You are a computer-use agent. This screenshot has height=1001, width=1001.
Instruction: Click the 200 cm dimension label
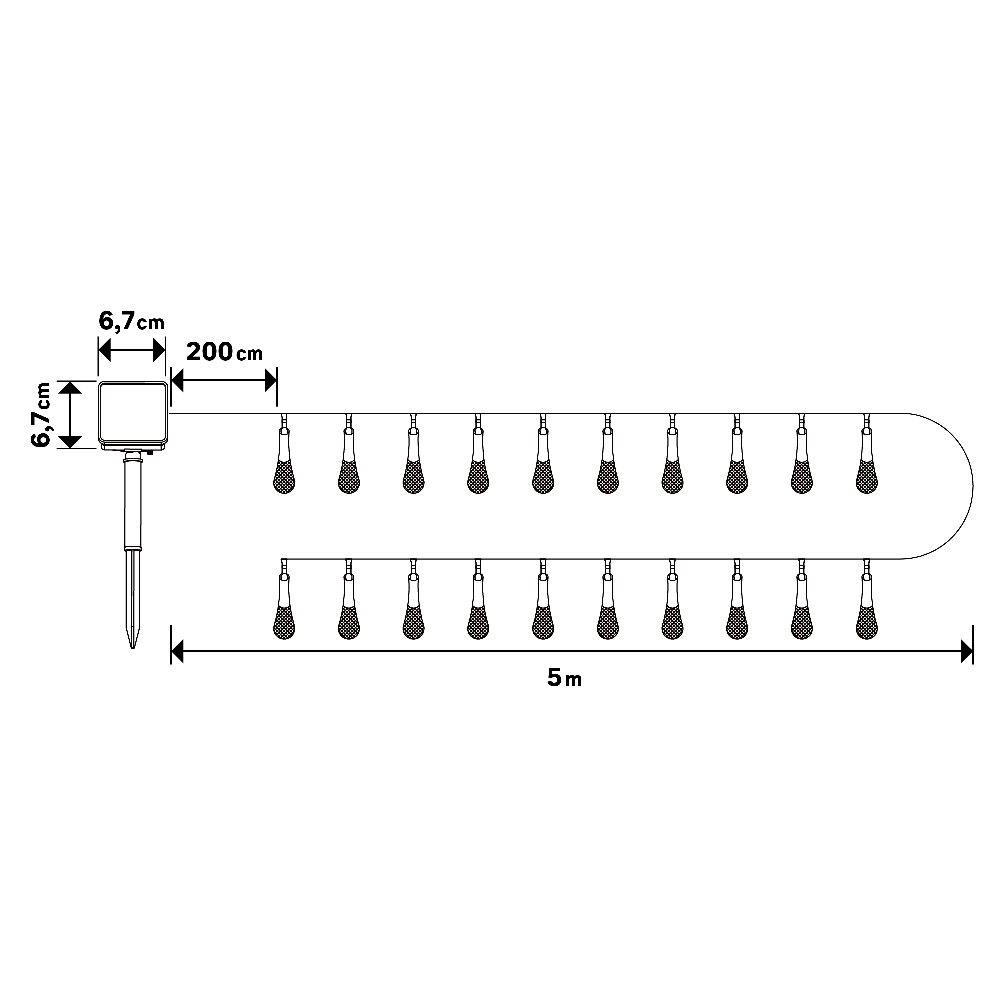(x=224, y=352)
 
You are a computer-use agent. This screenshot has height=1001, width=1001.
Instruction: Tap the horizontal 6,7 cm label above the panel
(x=131, y=322)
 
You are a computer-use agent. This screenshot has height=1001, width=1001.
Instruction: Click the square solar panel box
(x=133, y=414)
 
